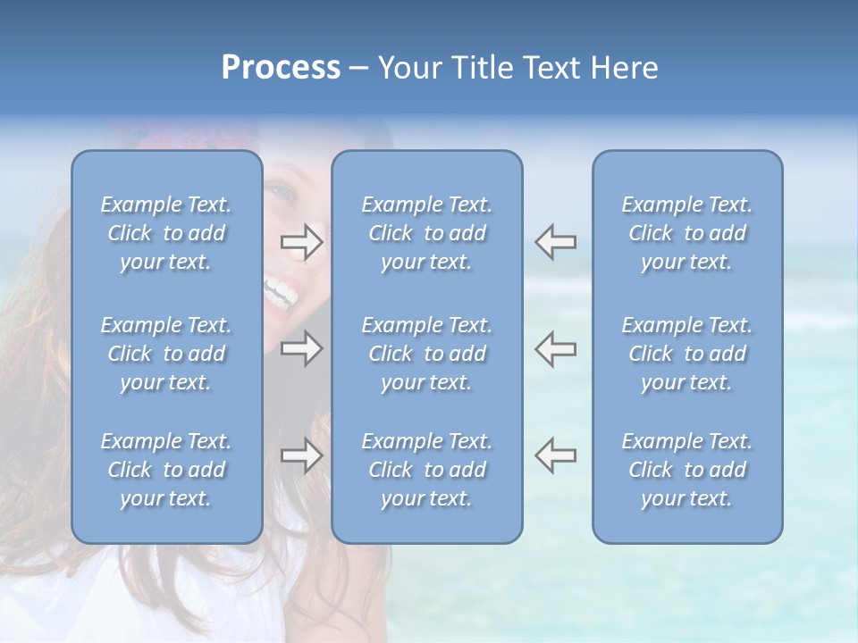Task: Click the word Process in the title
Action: tap(281, 68)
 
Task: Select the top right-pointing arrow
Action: tap(301, 242)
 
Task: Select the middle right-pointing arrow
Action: tap(301, 348)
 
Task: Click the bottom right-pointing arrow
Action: tap(301, 455)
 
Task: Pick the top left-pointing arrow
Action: tap(555, 242)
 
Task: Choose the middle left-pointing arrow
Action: tap(555, 348)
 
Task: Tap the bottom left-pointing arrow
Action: tap(555, 455)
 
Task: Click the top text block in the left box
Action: tap(166, 233)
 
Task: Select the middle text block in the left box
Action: tap(166, 354)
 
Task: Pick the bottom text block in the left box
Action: tap(166, 470)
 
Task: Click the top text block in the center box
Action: tap(426, 233)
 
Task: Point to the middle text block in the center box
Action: tap(426, 354)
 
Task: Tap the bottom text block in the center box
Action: tap(426, 470)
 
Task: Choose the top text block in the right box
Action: tap(686, 233)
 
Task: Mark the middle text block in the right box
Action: tap(686, 354)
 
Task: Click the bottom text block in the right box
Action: tap(686, 470)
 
